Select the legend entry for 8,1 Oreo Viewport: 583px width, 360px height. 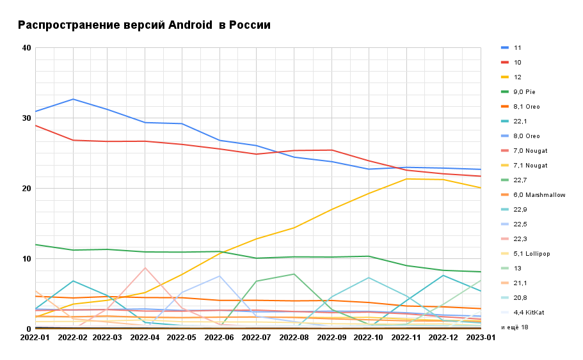527,107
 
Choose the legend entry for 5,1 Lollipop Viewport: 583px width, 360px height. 532,254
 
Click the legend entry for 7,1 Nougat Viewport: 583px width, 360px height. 531,166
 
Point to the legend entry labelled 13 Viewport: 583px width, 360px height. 517,269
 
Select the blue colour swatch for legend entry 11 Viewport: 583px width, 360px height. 505,48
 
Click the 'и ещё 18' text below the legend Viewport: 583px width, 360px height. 515,327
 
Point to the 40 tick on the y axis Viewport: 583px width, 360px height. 26,48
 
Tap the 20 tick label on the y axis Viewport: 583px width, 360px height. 26,189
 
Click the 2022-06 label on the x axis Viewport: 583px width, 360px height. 220,337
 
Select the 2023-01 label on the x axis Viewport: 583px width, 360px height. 481,337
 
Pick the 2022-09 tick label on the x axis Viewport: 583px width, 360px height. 331,337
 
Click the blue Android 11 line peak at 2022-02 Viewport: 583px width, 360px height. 74,99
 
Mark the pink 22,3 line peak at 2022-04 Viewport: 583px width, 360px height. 145,268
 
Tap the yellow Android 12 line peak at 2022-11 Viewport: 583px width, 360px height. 406,179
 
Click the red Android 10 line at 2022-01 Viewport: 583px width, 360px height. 36,125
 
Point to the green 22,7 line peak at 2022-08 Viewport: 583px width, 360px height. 294,274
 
